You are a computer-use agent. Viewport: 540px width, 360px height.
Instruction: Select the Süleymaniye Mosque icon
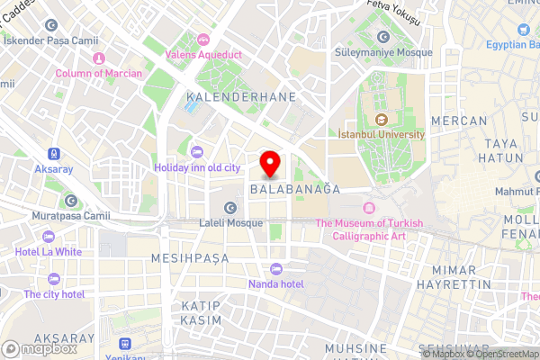click(x=383, y=37)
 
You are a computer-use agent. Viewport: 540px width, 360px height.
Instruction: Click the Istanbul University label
click(x=380, y=134)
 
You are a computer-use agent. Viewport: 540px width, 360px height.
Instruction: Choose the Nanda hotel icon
click(x=276, y=269)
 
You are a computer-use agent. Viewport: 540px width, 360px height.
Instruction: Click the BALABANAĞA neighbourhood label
click(x=294, y=190)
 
